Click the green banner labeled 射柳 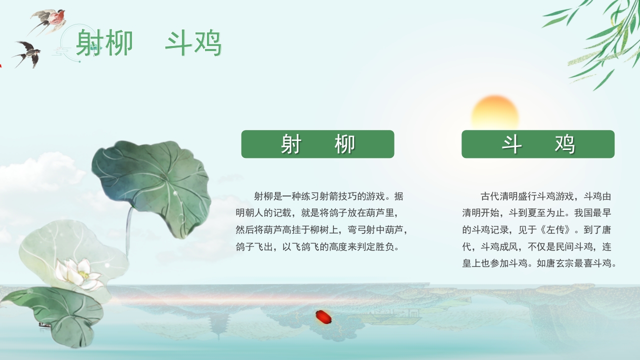[317, 144]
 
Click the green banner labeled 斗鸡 [537, 144]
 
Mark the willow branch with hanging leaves [600, 35]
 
